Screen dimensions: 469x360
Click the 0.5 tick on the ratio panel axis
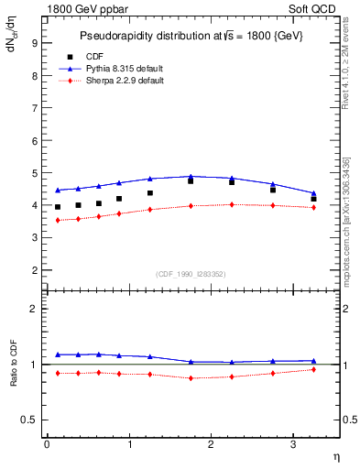coord(29,420)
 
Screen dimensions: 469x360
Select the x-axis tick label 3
coord(293,444)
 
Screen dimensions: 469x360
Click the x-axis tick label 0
coord(47,444)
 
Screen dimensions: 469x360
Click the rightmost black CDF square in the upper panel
coord(314,199)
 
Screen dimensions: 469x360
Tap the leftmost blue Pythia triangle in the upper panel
coord(58,191)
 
